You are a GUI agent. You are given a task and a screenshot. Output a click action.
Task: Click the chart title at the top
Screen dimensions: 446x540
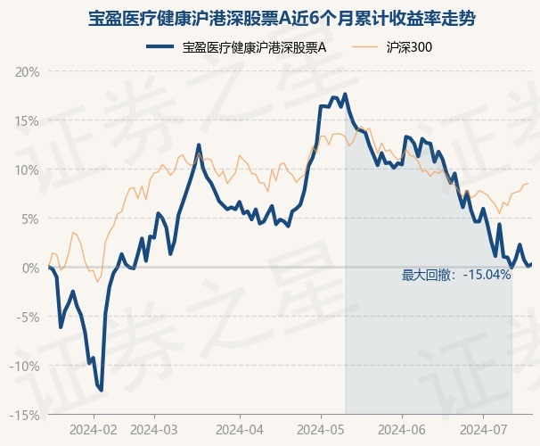[269, 17]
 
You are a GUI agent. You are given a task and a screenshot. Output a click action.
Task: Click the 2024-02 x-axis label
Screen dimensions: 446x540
[94, 429]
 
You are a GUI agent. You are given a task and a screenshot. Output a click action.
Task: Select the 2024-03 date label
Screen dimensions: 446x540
[154, 429]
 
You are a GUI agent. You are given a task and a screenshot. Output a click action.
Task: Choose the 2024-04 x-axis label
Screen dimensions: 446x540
[240, 429]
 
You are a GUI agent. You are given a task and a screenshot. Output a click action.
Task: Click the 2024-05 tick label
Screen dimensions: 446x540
[322, 429]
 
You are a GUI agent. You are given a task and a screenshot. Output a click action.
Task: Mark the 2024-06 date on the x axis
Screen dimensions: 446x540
[401, 429]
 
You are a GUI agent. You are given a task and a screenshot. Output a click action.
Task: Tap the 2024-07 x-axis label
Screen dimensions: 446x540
[482, 429]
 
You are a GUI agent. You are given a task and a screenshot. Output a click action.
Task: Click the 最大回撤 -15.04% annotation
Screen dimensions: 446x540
[456, 275]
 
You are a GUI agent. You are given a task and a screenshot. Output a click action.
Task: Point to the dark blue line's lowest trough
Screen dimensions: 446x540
[102, 390]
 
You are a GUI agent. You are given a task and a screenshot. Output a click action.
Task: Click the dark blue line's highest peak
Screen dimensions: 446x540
[345, 95]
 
